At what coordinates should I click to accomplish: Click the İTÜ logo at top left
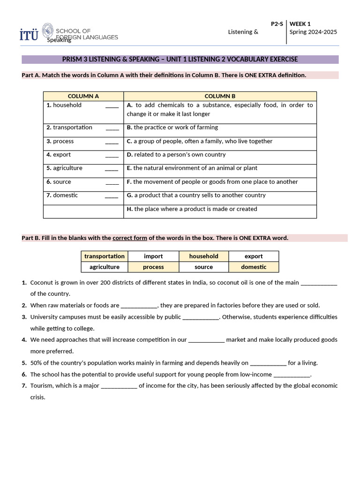coord(29,34)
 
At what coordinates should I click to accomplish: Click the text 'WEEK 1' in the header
coord(300,23)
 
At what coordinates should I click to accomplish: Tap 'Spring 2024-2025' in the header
coord(313,32)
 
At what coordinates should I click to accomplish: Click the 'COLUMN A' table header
coord(83,96)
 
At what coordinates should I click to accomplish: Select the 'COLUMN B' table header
coord(220,96)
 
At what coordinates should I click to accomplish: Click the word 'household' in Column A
coord(67,105)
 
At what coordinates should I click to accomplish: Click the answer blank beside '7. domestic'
coord(112,196)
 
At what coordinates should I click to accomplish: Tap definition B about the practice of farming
coord(172,127)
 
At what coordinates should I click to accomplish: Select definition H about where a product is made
coord(192,209)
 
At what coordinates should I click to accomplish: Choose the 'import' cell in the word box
coord(153,256)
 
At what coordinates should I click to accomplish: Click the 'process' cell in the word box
coord(153,267)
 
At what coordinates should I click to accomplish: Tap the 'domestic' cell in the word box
coord(254,267)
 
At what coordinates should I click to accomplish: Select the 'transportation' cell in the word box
coord(105,256)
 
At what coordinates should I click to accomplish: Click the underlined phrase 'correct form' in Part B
coord(130,238)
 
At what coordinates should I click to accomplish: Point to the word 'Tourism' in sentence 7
coord(41,386)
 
